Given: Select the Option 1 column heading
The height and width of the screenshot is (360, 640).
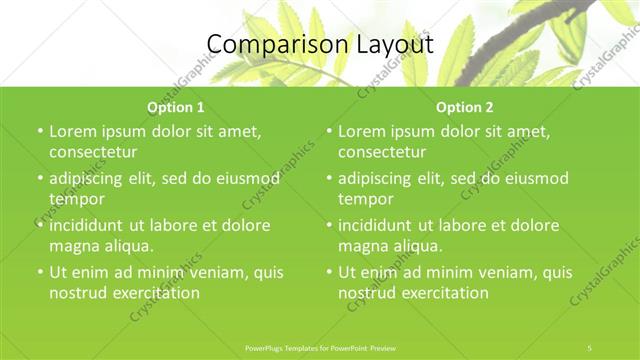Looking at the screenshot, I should pos(175,106).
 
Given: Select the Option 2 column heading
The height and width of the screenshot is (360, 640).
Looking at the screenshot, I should pos(464,106).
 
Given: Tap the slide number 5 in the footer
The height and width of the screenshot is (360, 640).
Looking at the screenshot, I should pos(590,347).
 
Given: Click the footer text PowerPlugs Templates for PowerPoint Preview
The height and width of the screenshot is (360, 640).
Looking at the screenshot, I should pos(319,347).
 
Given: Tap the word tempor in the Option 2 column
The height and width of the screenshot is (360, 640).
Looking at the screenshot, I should pos(365,199).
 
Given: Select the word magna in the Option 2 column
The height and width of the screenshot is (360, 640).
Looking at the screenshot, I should pos(362,246).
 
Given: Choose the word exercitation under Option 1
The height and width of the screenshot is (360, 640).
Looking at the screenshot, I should pos(156,293).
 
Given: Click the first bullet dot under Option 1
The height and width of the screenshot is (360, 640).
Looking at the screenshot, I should pos(39,132).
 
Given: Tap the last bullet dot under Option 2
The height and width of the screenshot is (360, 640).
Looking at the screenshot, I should pos(328,273).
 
